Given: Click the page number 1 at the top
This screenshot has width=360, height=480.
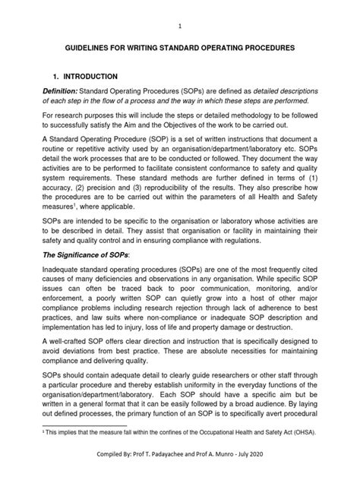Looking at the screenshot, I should [180, 24].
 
